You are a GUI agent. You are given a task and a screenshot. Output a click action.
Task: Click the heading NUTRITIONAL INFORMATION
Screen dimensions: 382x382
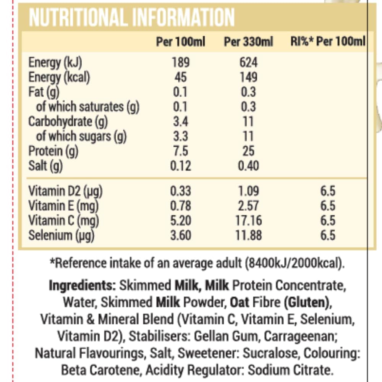pos(132,17)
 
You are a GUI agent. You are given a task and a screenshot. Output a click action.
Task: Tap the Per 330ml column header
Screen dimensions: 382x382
pos(248,42)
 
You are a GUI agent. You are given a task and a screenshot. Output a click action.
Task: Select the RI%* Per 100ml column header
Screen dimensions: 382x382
pos(328,42)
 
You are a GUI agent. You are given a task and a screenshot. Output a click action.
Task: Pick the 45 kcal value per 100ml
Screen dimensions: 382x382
pos(180,77)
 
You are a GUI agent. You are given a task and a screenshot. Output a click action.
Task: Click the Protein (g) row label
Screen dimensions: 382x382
pos(53,151)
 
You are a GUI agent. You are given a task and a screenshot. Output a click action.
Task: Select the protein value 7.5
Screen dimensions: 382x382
pos(180,151)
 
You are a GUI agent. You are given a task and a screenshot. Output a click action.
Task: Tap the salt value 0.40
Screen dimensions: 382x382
pos(248,166)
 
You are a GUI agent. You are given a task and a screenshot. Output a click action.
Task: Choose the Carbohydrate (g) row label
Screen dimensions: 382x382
pos(68,121)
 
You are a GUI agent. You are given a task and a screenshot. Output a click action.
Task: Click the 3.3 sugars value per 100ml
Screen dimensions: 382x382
pos(180,136)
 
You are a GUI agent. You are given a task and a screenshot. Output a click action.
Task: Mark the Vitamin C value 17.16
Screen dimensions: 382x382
pos(248,220)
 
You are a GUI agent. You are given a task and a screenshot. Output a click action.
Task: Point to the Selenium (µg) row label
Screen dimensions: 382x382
pos(61,235)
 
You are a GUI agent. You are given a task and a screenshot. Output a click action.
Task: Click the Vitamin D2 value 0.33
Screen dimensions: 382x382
pos(180,191)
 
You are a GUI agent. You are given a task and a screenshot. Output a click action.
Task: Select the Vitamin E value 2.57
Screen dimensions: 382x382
pos(248,206)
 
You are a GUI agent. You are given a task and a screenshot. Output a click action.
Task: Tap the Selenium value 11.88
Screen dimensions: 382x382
pos(248,235)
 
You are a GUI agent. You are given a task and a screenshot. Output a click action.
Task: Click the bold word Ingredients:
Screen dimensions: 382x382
pos(83,285)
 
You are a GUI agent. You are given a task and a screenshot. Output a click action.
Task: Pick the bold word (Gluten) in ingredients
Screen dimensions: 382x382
pos(307,302)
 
